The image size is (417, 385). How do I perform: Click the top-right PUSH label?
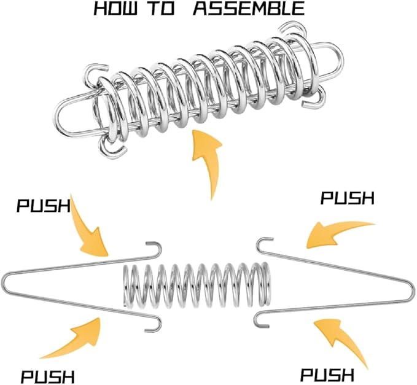348,198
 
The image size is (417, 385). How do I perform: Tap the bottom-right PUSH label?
327,374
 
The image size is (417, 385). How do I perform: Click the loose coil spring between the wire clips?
197,285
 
